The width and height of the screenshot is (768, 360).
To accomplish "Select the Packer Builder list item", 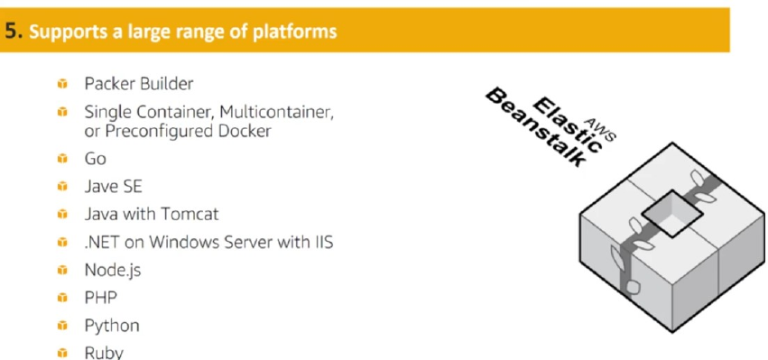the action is pos(139,84).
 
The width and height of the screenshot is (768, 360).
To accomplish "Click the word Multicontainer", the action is pos(276,112).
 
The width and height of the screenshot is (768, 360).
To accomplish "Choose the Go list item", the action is pos(95,159).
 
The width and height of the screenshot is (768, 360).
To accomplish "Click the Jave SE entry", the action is pos(113,187).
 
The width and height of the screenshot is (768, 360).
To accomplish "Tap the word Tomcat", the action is pos(190,214).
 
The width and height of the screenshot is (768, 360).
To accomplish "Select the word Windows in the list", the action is pos(187,242).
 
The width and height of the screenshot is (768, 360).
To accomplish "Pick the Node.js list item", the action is pos(113,271).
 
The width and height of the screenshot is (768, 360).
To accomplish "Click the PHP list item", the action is pos(101,298).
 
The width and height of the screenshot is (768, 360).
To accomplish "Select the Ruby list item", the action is pos(104,353).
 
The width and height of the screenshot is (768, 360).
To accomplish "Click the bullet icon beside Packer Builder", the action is pos(62,84).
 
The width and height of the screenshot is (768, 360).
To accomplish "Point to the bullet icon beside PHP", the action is pos(62,298).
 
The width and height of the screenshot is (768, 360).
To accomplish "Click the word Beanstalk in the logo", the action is pos(535,127).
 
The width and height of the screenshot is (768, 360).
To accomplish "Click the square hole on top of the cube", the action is pos(672,214).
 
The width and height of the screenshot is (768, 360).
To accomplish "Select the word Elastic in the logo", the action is pos(567,125).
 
